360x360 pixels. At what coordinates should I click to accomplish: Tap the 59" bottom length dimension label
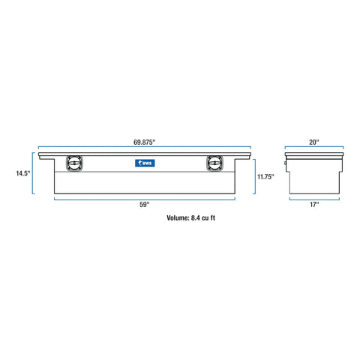coord(145,205)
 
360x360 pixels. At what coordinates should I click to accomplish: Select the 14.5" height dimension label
coord(23,174)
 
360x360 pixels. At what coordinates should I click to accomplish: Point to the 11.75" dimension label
coord(265,177)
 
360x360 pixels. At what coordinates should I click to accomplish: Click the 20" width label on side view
coord(313,141)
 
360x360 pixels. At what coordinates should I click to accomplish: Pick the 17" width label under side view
coord(313,205)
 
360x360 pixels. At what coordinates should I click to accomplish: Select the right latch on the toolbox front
coord(213,163)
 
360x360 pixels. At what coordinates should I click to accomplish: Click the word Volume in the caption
coord(179,220)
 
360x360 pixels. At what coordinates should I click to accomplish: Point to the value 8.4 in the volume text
coord(200,220)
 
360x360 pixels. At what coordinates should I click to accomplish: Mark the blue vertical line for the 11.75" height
coord(255,177)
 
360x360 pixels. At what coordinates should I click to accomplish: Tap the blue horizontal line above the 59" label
coord(145,199)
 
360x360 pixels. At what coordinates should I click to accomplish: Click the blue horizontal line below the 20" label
coord(313,148)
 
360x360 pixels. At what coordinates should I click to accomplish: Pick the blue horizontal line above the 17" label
coord(313,199)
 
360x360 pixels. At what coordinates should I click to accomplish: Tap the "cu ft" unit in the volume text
coord(216,220)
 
